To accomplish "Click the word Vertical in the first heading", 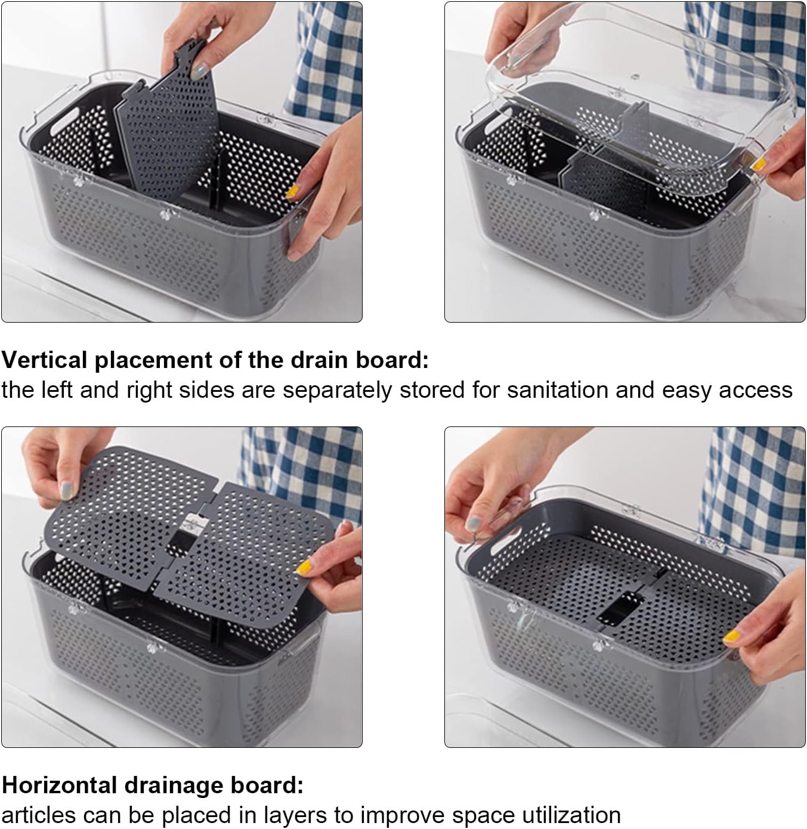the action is (x=45, y=360).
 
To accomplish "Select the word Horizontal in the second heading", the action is (x=59, y=785).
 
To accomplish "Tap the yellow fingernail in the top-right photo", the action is (x=758, y=164).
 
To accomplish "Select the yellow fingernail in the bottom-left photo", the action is (x=304, y=567).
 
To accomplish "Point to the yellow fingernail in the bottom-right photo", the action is (x=732, y=636).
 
